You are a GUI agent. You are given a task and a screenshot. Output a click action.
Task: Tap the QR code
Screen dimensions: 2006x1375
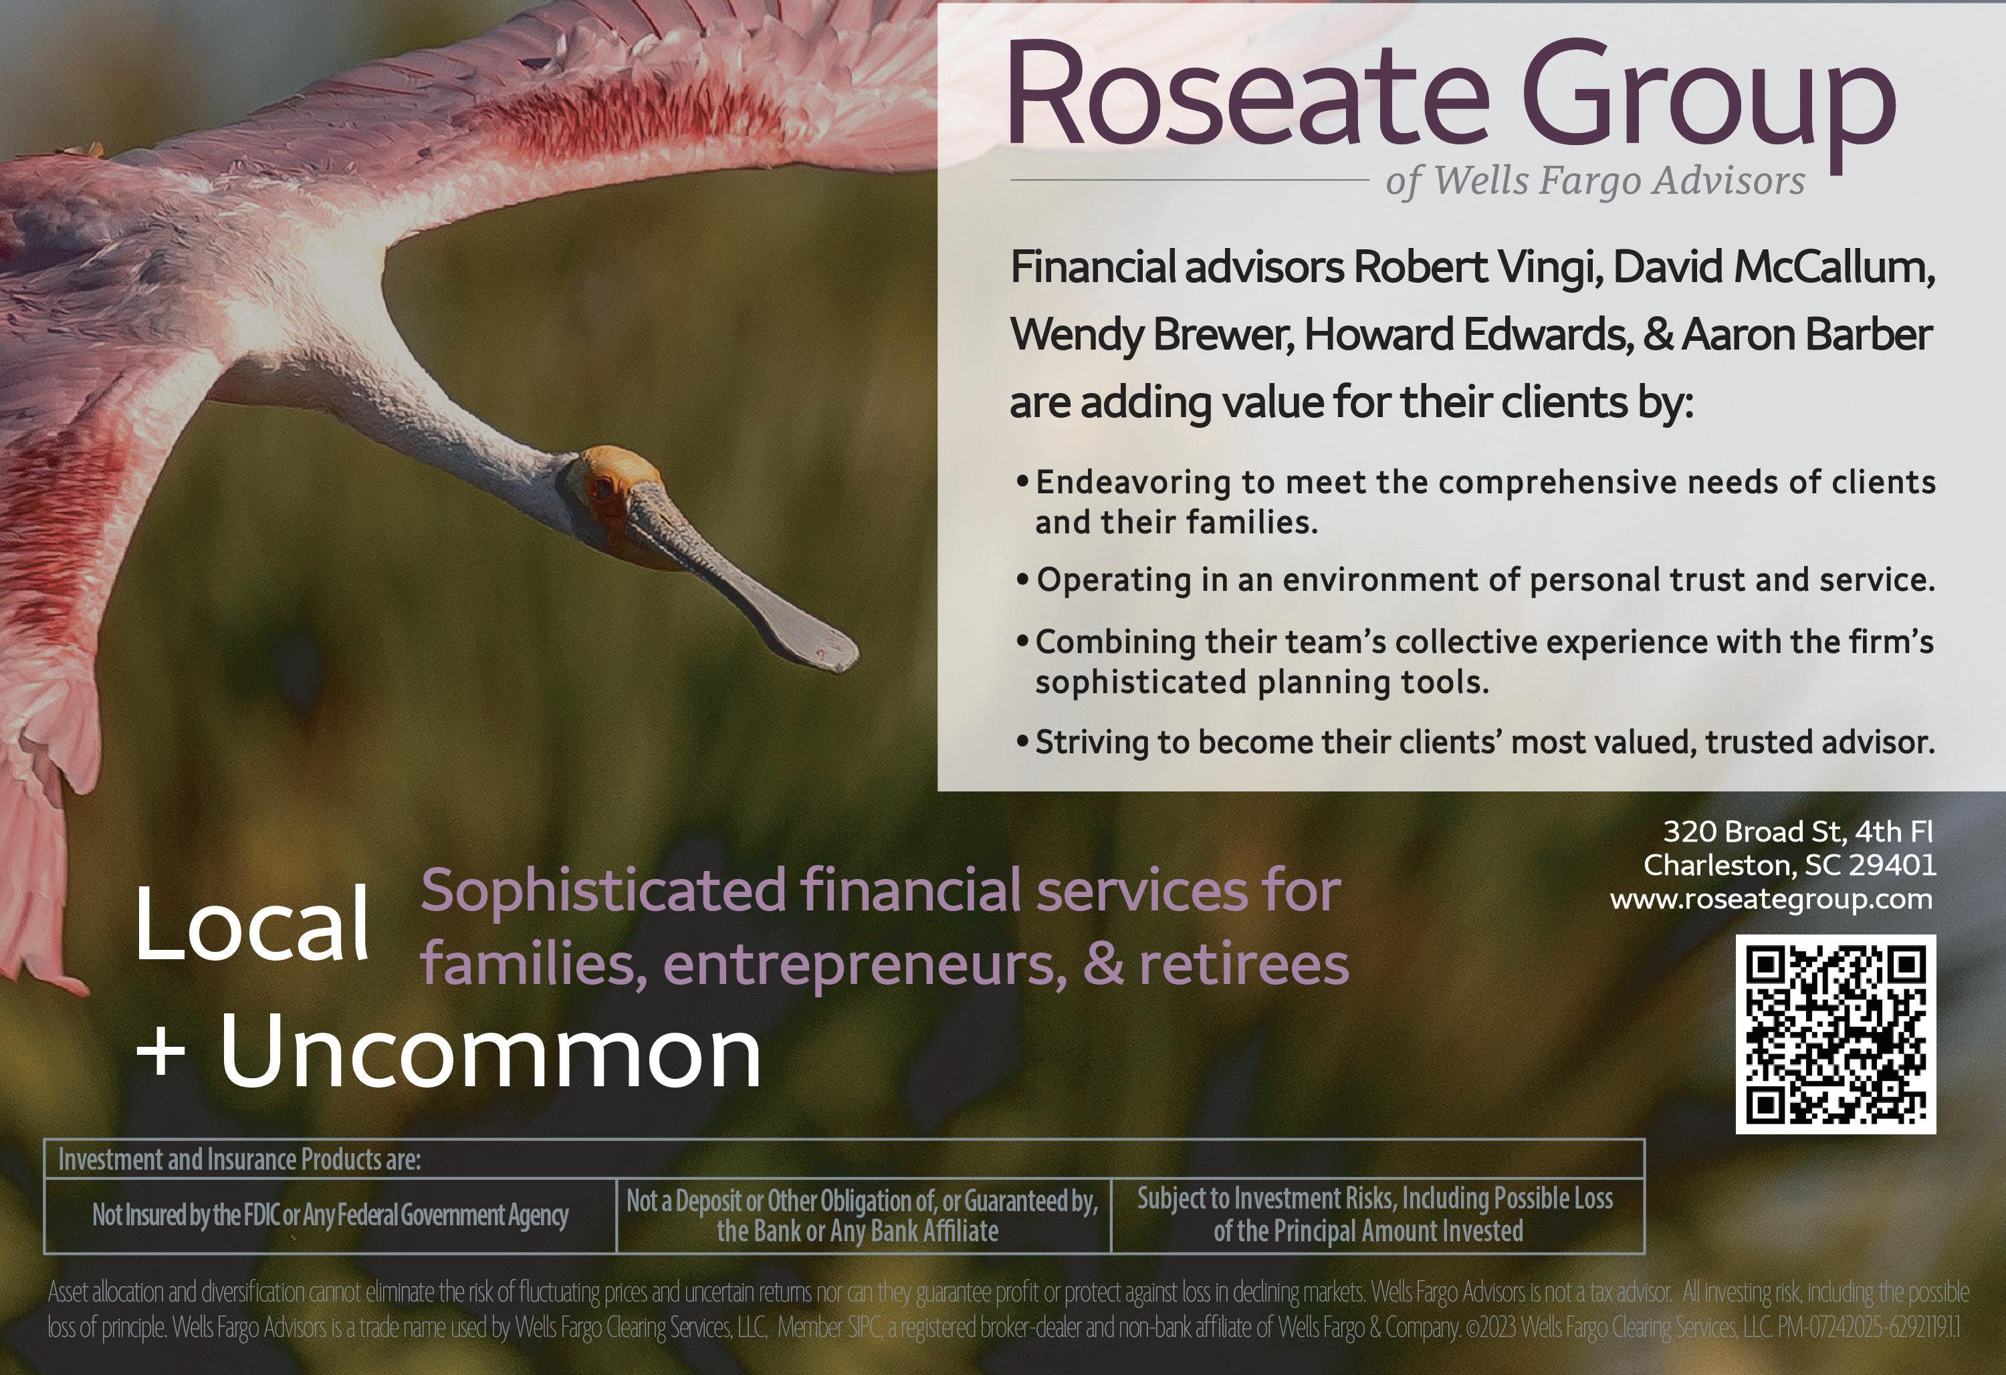[1836, 1034]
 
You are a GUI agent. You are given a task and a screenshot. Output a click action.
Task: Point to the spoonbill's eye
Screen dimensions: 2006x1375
[602, 489]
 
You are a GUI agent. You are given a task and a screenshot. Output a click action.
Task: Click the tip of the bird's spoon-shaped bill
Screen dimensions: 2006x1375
[855, 652]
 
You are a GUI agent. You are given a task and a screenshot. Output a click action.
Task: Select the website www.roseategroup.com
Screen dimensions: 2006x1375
[1771, 900]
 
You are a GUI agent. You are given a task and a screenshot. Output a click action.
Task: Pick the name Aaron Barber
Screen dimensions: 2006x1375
[1806, 335]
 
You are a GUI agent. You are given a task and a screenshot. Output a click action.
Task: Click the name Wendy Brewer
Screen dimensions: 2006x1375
[1151, 335]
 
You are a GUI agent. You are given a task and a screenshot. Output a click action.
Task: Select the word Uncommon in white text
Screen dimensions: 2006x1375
[490, 1052]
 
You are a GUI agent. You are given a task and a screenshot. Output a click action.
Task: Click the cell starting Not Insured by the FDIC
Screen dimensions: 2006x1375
[330, 1215]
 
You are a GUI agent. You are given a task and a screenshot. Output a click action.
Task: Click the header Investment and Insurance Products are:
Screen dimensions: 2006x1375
[239, 1159]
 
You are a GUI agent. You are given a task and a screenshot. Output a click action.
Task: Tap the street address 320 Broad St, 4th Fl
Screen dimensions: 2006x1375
[1798, 831]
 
